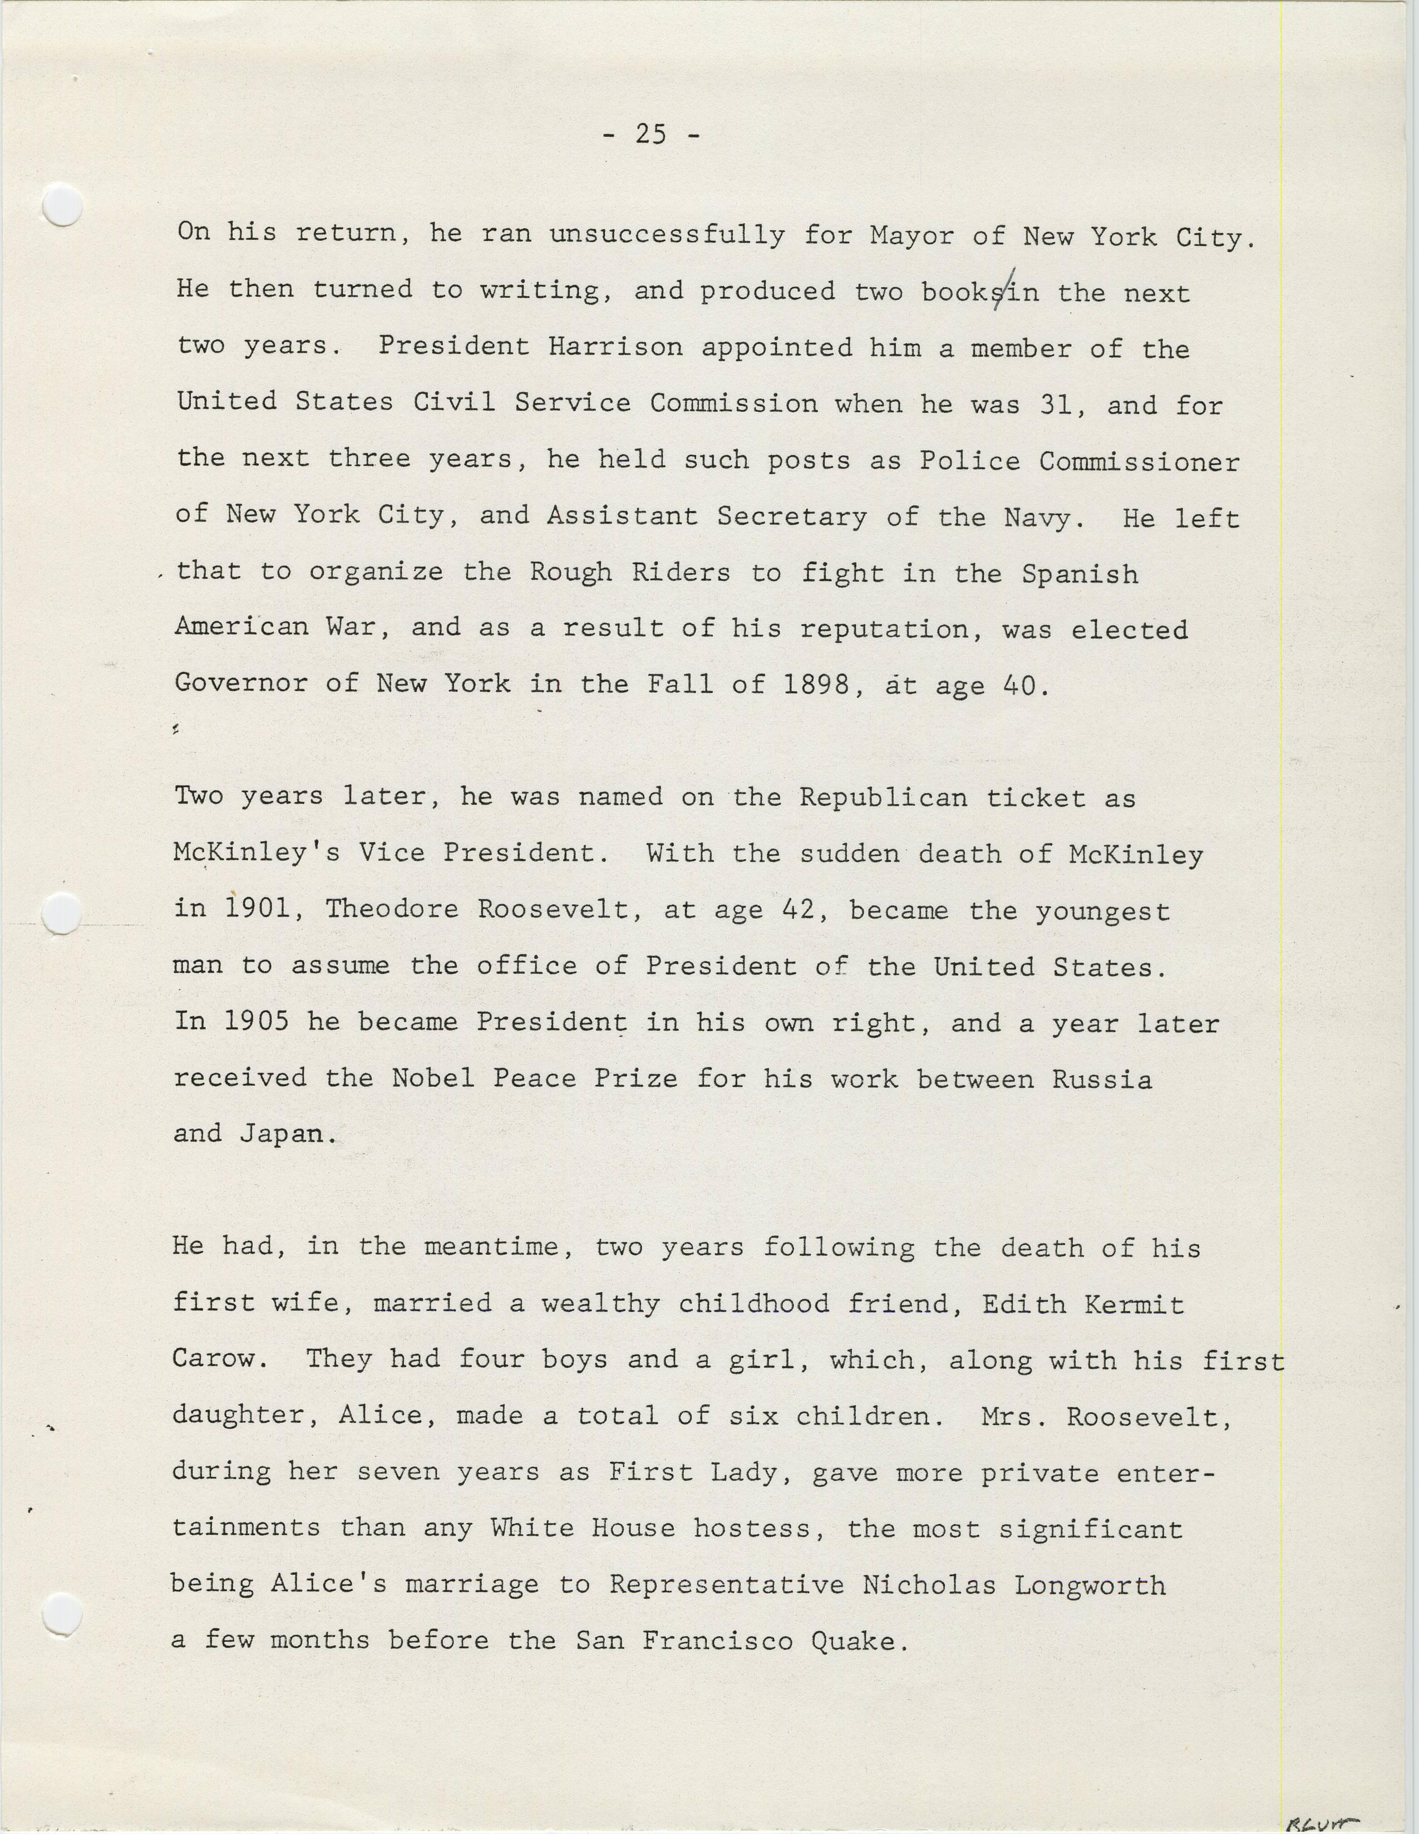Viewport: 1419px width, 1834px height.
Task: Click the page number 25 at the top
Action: [650, 134]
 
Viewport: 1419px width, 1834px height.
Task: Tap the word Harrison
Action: [615, 347]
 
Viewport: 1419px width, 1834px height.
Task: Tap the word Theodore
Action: [392, 909]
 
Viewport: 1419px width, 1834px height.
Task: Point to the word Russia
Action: [1102, 1078]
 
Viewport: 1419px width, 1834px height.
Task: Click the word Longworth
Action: [1090, 1585]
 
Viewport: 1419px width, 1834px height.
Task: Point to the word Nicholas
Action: [929, 1585]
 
